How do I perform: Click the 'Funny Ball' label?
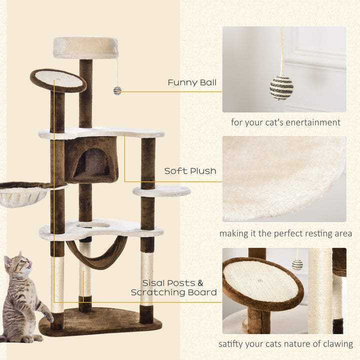pos(192,82)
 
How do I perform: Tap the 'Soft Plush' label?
pos(190,171)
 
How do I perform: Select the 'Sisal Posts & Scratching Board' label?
pos(174,287)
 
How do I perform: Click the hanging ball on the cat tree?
pos(117,90)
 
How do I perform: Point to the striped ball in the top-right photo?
pos(281,87)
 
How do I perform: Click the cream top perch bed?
pos(85,47)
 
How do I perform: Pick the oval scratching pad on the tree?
pos(58,79)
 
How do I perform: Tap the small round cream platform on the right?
pos(161,190)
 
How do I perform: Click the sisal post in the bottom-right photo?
pos(320,290)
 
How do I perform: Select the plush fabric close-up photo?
pos(284,178)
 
